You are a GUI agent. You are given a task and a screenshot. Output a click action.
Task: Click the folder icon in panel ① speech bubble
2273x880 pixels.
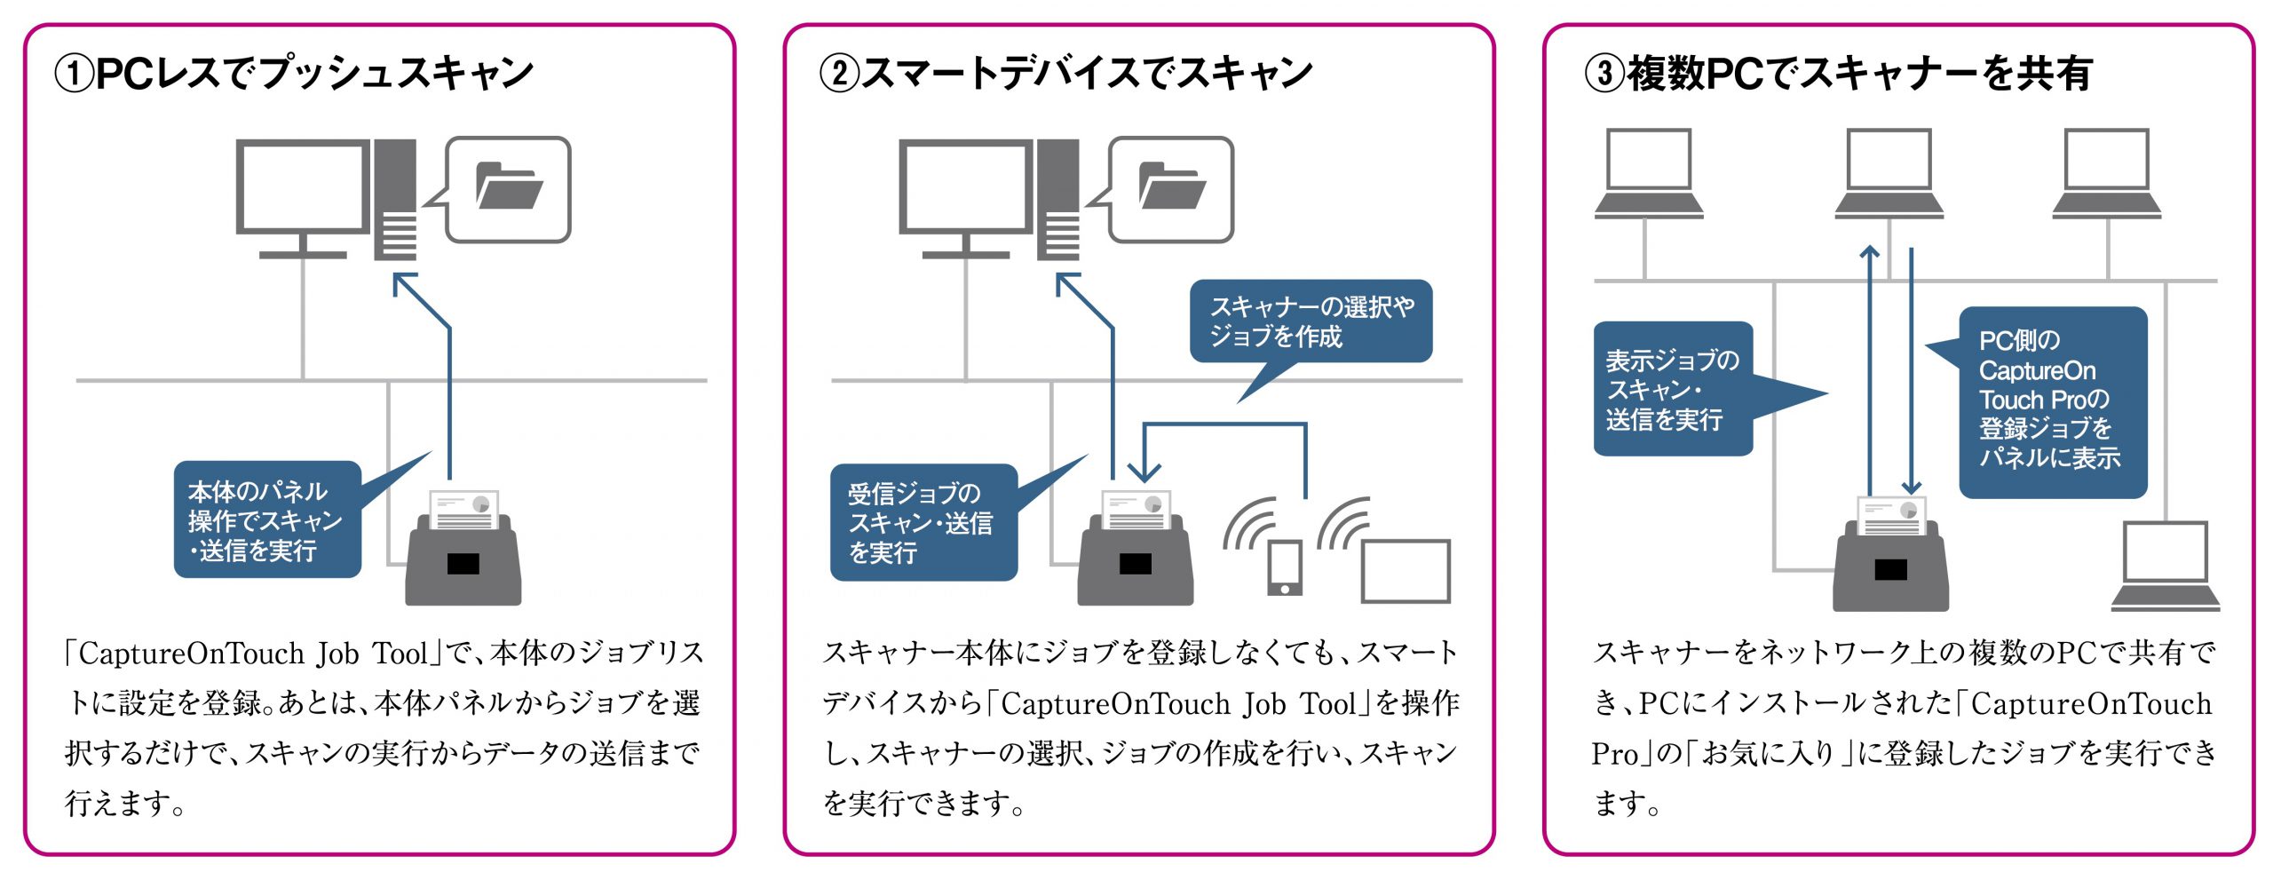pos(509,186)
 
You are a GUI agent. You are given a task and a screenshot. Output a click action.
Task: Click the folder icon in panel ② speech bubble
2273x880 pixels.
pos(1172,186)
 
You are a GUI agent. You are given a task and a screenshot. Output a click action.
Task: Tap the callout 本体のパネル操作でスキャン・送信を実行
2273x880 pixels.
pos(266,520)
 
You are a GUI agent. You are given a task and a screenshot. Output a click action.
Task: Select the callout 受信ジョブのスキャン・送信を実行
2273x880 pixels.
pos(922,523)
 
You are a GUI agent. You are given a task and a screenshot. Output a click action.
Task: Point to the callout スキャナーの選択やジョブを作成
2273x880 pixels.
pos(1311,321)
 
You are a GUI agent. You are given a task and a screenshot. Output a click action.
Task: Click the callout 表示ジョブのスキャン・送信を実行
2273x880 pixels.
pos(1672,390)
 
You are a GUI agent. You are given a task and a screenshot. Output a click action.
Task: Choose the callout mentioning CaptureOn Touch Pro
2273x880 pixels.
pos(2052,400)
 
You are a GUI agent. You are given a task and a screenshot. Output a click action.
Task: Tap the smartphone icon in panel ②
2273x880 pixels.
pos(1285,567)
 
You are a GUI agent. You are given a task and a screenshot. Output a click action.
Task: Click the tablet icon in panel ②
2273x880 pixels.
pos(1406,571)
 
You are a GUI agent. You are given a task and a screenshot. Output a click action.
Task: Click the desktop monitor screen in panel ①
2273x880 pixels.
pos(302,187)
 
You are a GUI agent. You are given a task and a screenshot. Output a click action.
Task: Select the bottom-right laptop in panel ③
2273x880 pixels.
pos(2165,567)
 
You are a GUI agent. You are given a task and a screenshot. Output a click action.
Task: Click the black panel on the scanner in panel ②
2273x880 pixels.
pos(1136,564)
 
